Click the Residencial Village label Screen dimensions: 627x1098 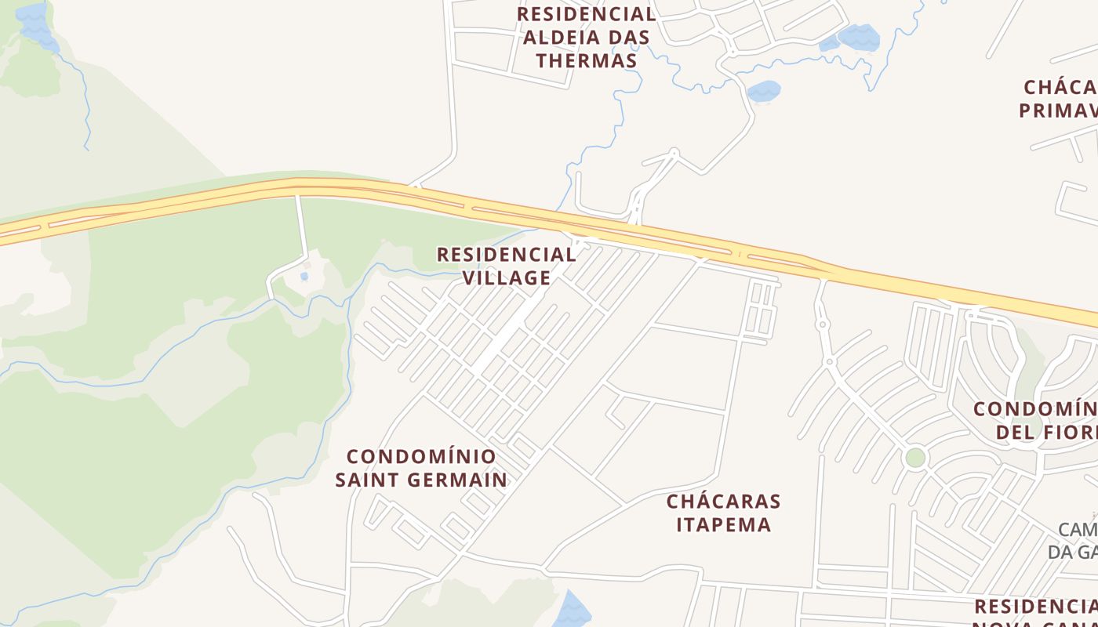coord(507,266)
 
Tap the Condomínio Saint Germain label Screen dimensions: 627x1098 coord(421,468)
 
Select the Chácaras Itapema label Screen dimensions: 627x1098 coord(723,513)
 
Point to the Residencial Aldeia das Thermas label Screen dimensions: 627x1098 coord(587,37)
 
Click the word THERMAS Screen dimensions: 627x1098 coord(587,60)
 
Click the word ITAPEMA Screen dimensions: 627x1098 coord(723,524)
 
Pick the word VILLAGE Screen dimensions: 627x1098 coord(507,277)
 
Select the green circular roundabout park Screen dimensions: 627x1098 coord(915,457)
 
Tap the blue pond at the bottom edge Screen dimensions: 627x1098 coord(573,611)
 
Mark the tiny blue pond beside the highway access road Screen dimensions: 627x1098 coord(304,276)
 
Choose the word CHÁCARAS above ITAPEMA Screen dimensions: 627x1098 coord(723,501)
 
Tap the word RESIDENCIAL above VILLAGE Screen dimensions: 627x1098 coord(507,254)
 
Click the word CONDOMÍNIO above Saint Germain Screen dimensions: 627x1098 coord(421,456)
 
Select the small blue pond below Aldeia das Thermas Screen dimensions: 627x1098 coord(763,91)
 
